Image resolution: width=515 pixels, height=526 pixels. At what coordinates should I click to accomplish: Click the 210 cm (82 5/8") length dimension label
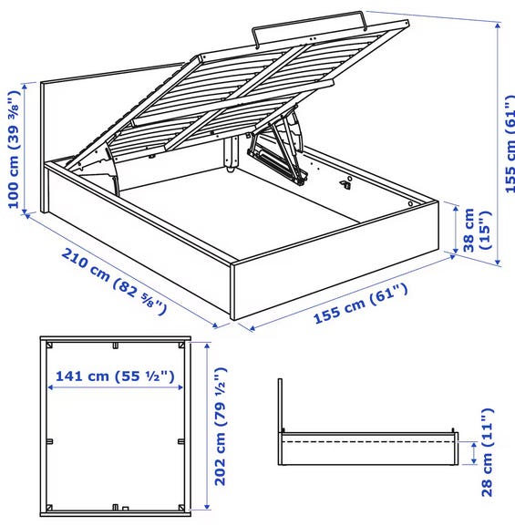[113, 281]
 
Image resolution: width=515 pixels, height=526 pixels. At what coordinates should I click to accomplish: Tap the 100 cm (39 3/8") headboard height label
[14, 149]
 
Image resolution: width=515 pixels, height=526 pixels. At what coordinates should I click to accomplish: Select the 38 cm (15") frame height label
[477, 230]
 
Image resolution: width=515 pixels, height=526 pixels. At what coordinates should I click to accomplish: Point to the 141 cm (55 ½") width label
[115, 376]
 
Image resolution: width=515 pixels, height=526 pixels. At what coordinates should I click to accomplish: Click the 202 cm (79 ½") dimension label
[221, 426]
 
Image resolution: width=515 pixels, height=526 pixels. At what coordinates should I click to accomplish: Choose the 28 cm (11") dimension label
[487, 452]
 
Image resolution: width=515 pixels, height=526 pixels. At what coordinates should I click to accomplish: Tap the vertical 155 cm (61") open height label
[510, 144]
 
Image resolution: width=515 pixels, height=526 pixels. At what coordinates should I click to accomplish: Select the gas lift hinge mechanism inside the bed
[277, 152]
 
